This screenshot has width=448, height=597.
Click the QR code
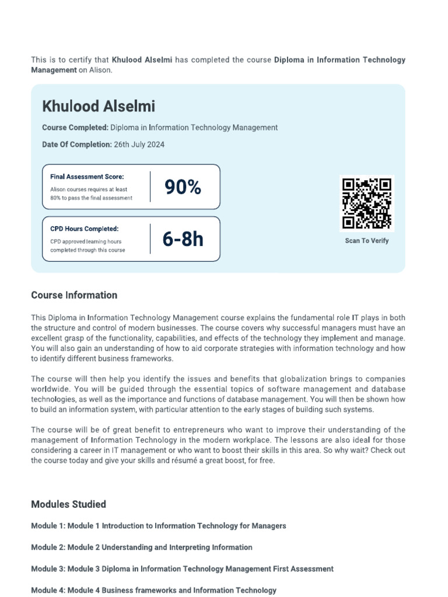click(367, 203)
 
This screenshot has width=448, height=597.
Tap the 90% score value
click(183, 187)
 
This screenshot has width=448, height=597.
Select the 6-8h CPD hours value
click(183, 239)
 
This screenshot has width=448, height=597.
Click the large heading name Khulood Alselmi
click(99, 106)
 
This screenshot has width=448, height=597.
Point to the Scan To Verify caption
click(366, 241)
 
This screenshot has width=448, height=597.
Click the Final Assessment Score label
click(87, 177)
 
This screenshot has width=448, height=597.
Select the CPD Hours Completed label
click(84, 229)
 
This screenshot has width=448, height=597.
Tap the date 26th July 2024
click(139, 145)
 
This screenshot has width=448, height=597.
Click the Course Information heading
click(74, 295)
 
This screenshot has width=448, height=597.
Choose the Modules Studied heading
click(68, 504)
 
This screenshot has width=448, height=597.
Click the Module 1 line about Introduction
click(159, 526)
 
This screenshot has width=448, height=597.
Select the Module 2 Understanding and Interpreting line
click(142, 547)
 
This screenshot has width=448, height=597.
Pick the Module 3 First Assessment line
click(182, 569)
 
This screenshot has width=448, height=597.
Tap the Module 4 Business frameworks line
click(153, 591)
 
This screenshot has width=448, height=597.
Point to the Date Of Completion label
click(76, 145)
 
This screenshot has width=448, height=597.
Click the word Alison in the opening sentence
click(99, 70)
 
